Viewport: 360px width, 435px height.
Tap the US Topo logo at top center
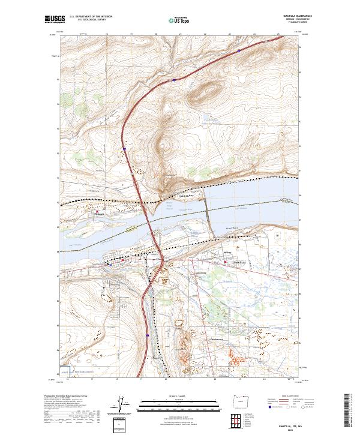172,20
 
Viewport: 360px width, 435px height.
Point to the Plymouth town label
100,213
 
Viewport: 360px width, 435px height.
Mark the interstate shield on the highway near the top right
239,51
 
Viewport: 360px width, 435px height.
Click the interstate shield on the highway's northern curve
173,77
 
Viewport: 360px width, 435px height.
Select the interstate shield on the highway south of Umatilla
148,336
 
